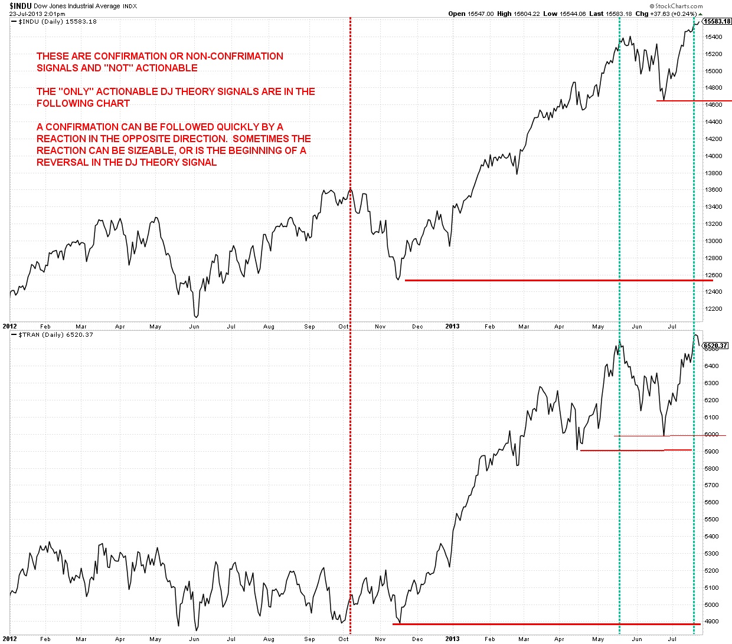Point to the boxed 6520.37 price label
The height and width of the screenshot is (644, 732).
tap(715, 346)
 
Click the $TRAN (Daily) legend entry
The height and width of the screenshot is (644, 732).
tap(55, 335)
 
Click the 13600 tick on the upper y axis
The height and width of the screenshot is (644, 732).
tap(714, 190)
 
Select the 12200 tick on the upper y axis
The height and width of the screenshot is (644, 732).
tap(714, 309)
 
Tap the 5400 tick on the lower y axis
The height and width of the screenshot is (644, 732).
tap(712, 537)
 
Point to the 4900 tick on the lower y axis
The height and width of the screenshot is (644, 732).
tap(712, 622)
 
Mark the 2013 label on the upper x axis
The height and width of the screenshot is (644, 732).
tap(452, 326)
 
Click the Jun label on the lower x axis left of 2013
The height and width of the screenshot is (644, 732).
tap(194, 639)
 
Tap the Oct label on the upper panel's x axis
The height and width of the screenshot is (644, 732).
tap(344, 326)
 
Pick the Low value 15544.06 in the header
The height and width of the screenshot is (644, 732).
tap(573, 14)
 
